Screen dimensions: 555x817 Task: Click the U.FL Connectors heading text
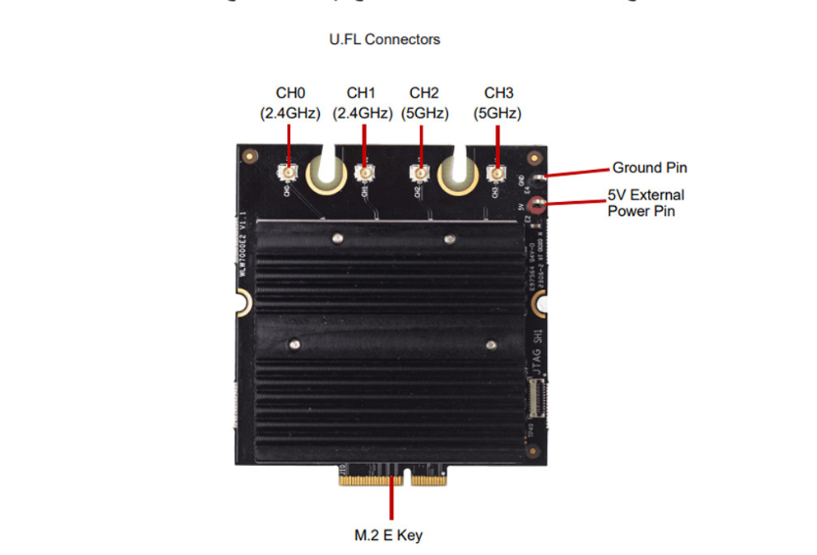click(x=384, y=39)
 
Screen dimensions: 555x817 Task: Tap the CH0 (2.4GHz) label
click(x=290, y=103)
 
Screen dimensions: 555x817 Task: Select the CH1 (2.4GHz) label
click(x=363, y=103)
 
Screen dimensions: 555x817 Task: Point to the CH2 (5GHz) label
click(x=424, y=103)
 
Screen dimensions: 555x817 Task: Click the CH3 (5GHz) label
click(x=498, y=103)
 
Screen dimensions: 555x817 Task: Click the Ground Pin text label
click(x=649, y=168)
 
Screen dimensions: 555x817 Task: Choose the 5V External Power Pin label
click(x=645, y=202)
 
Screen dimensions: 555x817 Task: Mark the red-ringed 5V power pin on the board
click(x=536, y=204)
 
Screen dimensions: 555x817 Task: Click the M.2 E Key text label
click(x=389, y=535)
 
